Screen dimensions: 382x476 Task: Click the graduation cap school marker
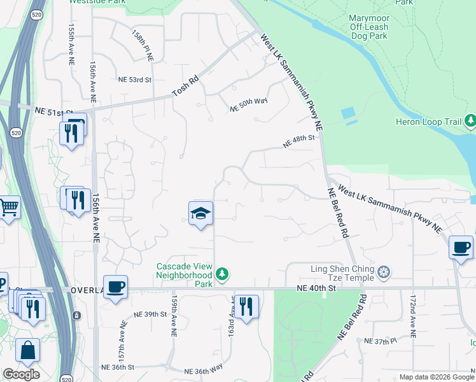tap(200, 213)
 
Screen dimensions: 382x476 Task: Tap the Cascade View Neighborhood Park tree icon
tap(221, 275)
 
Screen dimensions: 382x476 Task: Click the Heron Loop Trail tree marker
tap(470, 120)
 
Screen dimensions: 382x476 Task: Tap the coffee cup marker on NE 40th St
tap(115, 287)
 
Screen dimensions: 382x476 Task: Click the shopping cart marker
tap(8, 206)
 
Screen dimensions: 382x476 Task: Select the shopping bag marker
tap(27, 350)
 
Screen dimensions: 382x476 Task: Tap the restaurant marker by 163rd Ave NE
tap(246, 306)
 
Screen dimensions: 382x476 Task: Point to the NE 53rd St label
tap(135, 80)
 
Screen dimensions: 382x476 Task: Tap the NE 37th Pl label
tap(380, 341)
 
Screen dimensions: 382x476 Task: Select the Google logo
tap(21, 374)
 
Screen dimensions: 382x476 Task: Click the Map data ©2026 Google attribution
tap(437, 377)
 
